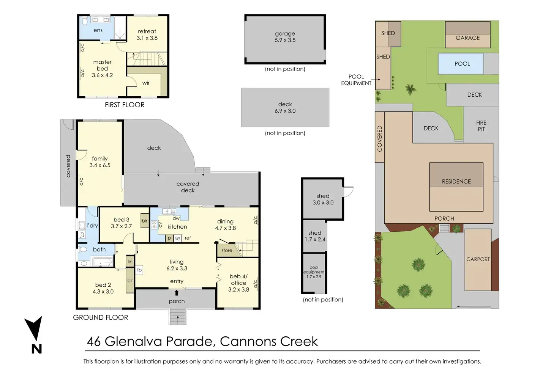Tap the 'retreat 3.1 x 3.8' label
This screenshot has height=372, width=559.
[147, 35]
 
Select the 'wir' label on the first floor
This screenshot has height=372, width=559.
[146, 83]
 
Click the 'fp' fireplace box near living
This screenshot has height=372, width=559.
[139, 270]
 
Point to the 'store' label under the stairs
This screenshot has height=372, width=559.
[227, 250]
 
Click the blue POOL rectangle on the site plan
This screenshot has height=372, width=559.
[461, 64]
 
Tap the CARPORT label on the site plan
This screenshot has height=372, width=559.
[478, 259]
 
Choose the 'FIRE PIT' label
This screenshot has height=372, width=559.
[481, 126]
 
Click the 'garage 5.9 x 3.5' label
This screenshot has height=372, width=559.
[285, 37]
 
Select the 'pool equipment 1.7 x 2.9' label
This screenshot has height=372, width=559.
[314, 272]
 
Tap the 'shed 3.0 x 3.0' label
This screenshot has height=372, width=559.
[323, 199]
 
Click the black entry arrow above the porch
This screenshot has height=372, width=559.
[177, 292]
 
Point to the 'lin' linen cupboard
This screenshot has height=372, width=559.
[130, 262]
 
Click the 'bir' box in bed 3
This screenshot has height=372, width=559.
[144, 221]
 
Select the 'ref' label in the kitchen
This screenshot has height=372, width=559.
[188, 238]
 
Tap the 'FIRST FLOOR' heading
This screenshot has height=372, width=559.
[125, 105]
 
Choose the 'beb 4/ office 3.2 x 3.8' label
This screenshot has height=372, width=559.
[238, 283]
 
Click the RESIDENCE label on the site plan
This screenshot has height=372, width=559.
[456, 182]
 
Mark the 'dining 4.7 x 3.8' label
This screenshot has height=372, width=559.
[226, 224]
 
